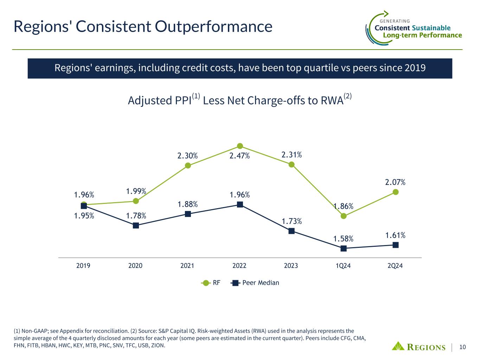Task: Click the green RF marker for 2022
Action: pos(240,146)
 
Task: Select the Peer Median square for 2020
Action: pos(136,225)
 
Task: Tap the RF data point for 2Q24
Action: pos(396,192)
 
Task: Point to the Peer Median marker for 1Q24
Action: pos(344,248)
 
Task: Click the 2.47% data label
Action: pos(239,156)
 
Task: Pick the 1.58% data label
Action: pos(343,239)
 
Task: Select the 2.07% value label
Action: pos(395,182)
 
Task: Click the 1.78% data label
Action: pos(136,215)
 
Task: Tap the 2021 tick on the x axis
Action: pos(187,266)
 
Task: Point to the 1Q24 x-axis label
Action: pos(343,266)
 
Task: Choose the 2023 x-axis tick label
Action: pos(291,266)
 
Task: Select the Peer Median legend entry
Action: pos(256,283)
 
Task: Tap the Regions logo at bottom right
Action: pos(418,347)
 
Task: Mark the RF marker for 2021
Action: pos(188,165)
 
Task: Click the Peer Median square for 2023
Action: pos(292,231)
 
